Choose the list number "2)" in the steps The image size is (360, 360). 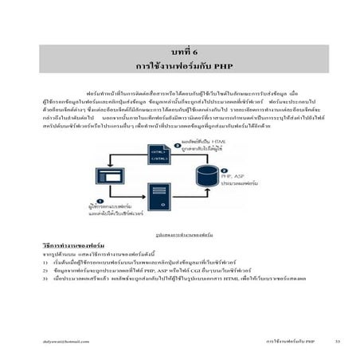click(x=47, y=270)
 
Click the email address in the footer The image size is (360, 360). click(x=61, y=339)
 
